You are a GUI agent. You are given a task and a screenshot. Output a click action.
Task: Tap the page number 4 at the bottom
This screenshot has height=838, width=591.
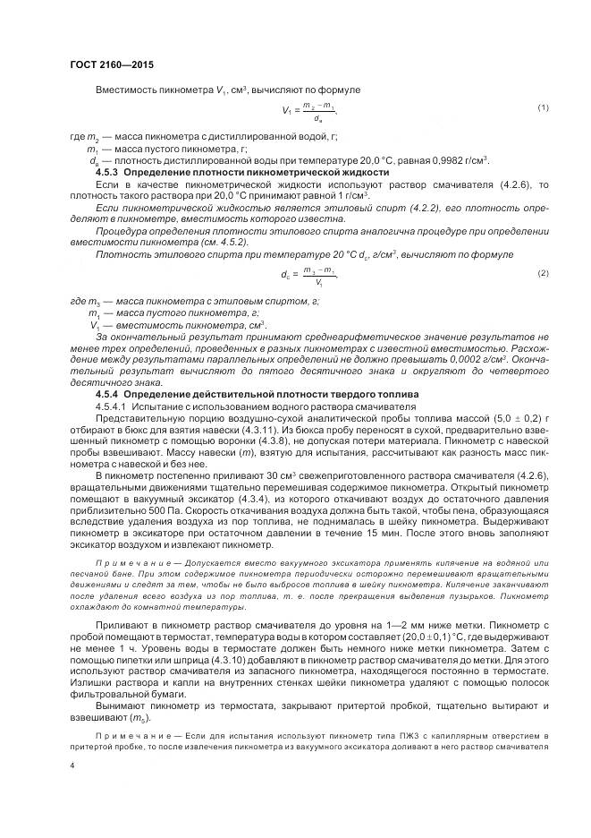[72, 766]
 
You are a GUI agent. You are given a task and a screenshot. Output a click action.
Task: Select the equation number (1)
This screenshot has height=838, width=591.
[543, 108]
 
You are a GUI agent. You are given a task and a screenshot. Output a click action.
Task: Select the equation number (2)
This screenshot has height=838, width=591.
[543, 272]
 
